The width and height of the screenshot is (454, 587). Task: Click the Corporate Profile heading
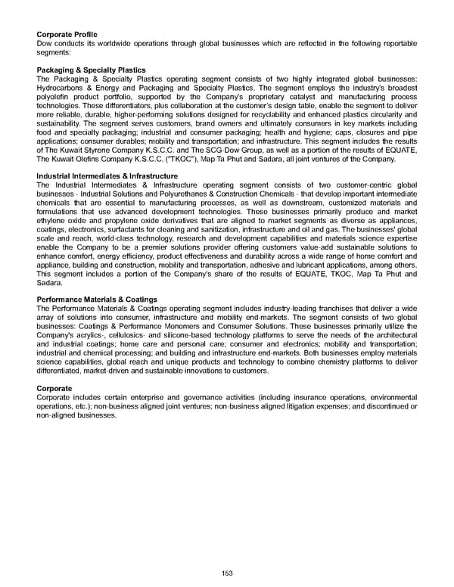pos(67,35)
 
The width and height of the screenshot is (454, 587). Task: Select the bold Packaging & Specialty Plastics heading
pos(91,70)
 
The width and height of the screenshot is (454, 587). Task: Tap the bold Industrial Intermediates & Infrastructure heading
pos(107,176)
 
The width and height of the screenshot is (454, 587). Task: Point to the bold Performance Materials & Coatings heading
pos(97,300)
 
